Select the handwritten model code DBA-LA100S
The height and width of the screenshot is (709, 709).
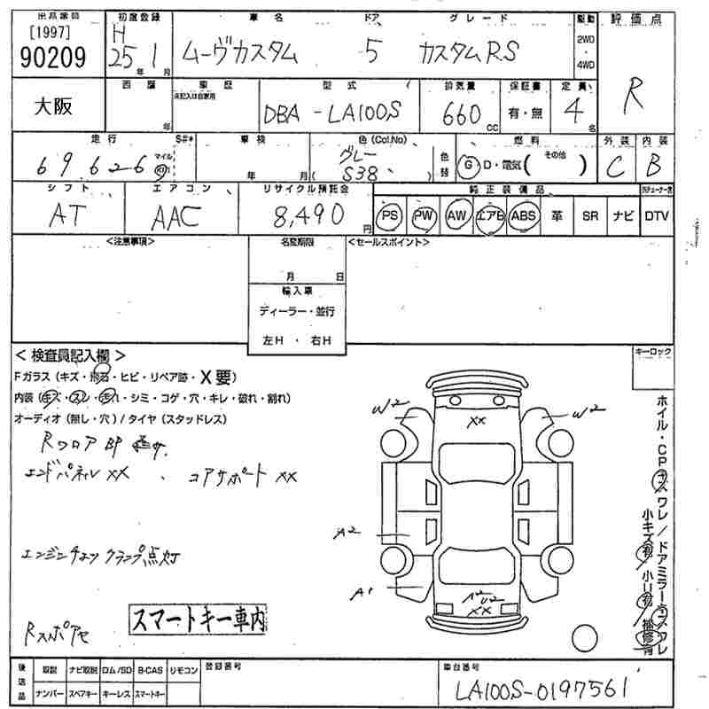coord(331,115)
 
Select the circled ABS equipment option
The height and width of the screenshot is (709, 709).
coord(525,215)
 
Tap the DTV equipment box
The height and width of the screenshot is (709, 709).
coord(657,215)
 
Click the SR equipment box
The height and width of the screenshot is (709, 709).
coord(590,215)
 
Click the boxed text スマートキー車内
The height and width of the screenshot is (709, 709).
coord(198,617)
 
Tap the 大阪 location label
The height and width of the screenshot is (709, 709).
coord(53,107)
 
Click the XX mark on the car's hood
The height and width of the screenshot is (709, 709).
coord(478,420)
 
